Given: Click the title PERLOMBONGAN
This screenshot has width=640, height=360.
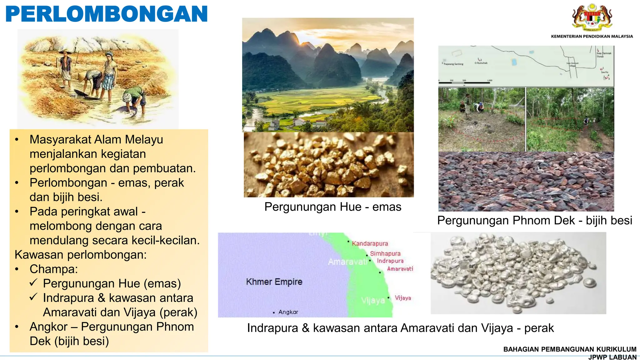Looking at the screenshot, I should click(107, 14).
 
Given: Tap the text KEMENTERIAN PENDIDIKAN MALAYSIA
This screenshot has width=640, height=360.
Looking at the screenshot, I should click(592, 37).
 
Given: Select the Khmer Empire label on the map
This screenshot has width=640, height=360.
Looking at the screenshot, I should click(274, 282).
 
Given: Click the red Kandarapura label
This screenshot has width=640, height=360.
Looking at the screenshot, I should click(370, 243).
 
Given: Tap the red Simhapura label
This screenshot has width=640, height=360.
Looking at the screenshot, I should click(385, 253).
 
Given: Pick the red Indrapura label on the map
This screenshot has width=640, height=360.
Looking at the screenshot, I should click(390, 261).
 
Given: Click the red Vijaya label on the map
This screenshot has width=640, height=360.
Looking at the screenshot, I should click(403, 298).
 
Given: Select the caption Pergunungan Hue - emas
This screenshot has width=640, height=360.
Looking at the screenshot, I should click(333, 207).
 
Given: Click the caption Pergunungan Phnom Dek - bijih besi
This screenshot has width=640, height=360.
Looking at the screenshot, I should click(535, 221).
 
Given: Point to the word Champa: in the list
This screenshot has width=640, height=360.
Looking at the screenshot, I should click(54, 269).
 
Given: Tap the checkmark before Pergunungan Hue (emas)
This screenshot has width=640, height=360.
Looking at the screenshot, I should click(34, 283).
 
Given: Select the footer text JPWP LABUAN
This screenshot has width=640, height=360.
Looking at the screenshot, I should click(612, 357).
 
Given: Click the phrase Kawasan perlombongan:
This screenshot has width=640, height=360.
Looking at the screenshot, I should click(81, 255).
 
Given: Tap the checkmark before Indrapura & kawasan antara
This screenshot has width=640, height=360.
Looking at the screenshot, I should click(34, 297).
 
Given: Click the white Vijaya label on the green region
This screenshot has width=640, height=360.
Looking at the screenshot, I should click(373, 301).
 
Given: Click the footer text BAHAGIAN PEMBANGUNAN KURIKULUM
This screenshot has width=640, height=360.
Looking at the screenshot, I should click(570, 349).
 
